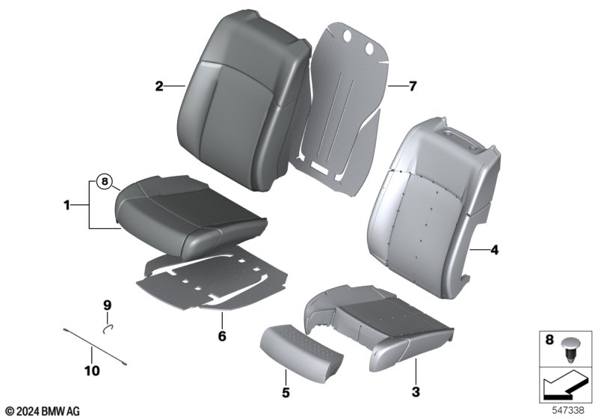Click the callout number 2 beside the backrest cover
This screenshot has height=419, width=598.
[x=159, y=86]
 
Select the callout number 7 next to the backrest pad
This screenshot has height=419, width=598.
[x=413, y=87]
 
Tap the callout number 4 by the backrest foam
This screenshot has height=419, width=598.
[x=494, y=251]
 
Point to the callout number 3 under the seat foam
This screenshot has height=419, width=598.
[x=416, y=391]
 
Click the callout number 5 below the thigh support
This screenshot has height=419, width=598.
[x=286, y=392]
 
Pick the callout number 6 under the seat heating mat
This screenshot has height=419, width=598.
[x=222, y=336]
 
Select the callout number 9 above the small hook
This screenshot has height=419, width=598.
[x=107, y=305]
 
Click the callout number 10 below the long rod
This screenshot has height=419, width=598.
[x=92, y=370]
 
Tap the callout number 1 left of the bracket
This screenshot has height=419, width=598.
[x=67, y=206]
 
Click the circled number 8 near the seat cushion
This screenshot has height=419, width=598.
[x=105, y=181]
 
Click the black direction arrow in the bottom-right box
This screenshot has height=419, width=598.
[x=564, y=385]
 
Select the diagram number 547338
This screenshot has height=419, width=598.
[x=568, y=411]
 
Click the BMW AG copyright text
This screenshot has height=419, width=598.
[x=43, y=411]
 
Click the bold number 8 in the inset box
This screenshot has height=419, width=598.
[x=549, y=339]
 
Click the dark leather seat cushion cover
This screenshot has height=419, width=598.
[x=191, y=215]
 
